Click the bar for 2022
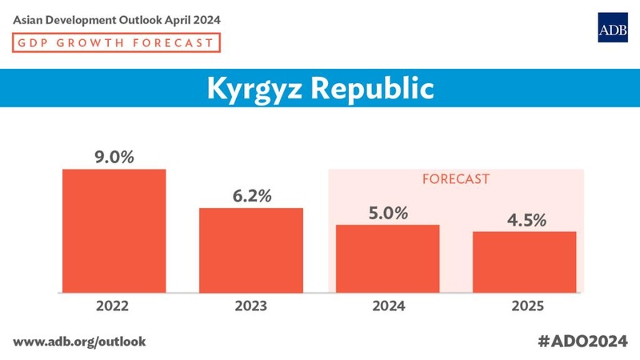(114, 230)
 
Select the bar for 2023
(251, 250)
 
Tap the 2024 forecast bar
(388, 258)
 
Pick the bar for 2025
(525, 262)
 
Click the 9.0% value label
(114, 157)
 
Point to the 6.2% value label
(251, 196)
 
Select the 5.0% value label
(388, 213)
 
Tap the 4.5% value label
(525, 219)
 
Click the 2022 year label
(114, 306)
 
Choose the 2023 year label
(251, 306)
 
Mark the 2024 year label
(388, 306)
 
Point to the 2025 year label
(525, 306)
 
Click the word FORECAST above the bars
(455, 179)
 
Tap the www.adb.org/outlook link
(79, 341)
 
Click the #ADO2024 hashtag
(582, 341)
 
